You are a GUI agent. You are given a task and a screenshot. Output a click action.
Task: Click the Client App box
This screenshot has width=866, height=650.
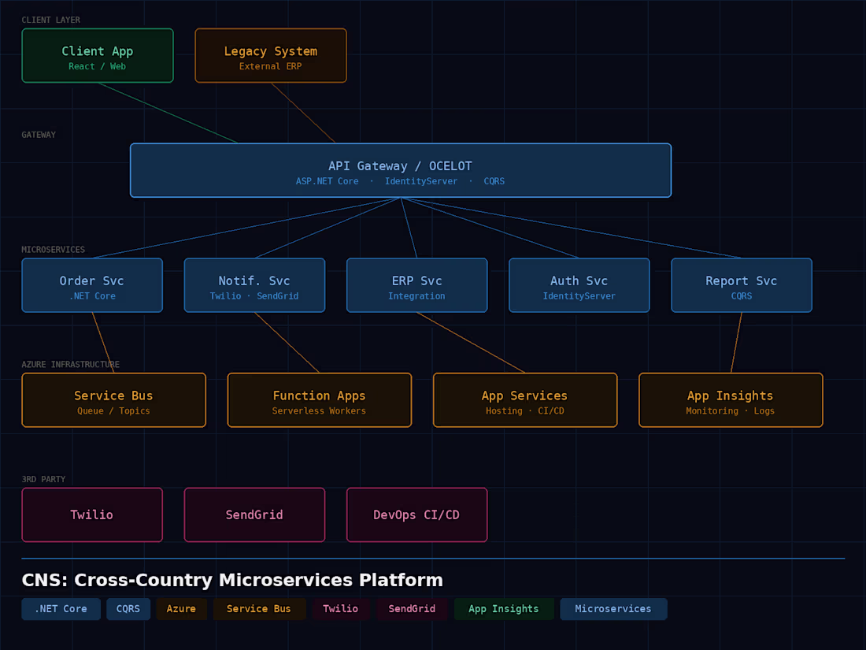(x=98, y=55)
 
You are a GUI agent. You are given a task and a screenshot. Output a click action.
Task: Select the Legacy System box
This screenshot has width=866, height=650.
(x=271, y=55)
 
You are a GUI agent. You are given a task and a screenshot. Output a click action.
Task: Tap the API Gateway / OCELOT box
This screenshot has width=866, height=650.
(x=401, y=170)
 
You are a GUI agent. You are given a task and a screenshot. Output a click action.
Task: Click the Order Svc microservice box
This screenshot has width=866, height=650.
(x=92, y=285)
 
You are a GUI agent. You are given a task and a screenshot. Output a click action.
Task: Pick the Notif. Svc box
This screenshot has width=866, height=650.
(x=254, y=285)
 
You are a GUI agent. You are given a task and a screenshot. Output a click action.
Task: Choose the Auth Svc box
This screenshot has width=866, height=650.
(x=579, y=285)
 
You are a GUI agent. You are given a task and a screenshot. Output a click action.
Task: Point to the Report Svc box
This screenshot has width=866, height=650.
(x=742, y=285)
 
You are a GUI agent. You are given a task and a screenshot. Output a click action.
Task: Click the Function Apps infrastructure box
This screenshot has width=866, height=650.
(x=319, y=400)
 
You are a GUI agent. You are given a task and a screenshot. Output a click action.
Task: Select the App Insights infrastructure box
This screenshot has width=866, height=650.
(x=731, y=400)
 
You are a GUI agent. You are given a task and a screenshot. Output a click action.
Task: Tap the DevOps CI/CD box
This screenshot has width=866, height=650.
(x=417, y=514)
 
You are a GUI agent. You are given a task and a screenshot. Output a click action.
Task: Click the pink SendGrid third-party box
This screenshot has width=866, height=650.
(x=254, y=514)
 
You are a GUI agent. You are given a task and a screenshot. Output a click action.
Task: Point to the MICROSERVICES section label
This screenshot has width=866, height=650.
(x=53, y=250)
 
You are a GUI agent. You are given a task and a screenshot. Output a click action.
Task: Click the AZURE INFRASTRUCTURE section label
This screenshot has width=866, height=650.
(x=71, y=365)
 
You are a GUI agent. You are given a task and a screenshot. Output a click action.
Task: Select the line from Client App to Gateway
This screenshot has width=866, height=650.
(x=168, y=113)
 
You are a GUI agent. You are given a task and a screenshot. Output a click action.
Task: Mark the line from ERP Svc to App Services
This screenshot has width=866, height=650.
(x=471, y=343)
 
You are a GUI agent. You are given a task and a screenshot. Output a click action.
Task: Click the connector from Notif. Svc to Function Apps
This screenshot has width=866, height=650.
(x=287, y=343)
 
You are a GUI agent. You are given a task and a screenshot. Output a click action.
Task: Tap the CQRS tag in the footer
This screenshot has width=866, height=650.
(x=128, y=608)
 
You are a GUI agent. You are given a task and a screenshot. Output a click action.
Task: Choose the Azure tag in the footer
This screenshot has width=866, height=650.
(x=181, y=608)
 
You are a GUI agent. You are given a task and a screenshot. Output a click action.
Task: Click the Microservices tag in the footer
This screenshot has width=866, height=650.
(x=613, y=608)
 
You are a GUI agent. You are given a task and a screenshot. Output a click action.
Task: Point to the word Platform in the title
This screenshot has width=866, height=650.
(x=401, y=580)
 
